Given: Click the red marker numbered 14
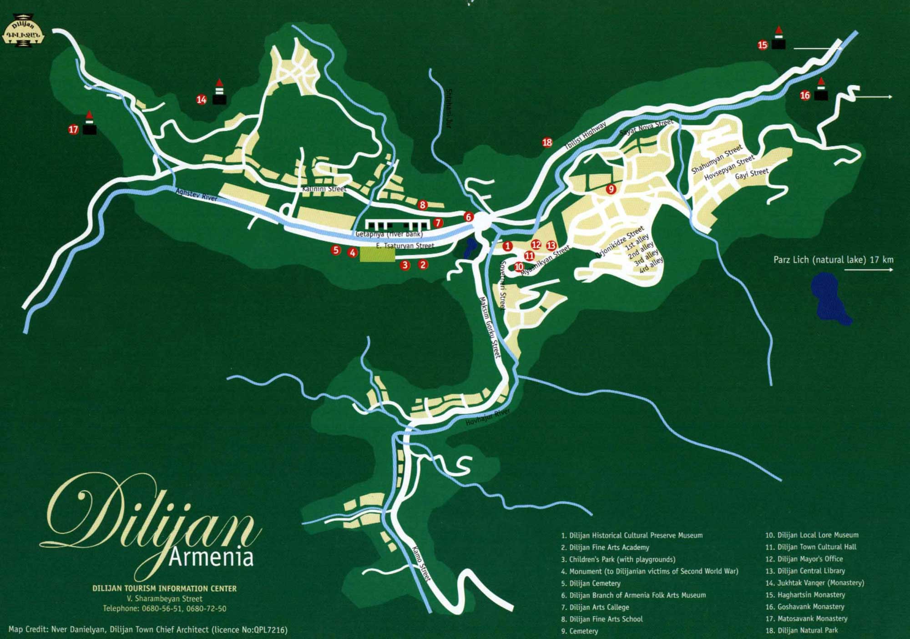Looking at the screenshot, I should (202, 100).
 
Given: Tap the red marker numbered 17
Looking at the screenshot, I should (73, 130).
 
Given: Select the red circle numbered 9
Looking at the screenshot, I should (611, 189).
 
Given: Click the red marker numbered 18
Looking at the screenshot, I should (547, 142).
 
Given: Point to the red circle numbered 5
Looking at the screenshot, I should (336, 250).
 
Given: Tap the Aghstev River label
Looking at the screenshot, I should (197, 196).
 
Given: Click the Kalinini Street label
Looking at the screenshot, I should (324, 189).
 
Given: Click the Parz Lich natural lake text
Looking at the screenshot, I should (833, 260).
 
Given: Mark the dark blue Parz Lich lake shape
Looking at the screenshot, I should (830, 298).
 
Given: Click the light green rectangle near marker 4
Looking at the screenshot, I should (377, 255).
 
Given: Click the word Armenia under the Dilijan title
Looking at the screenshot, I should (210, 557).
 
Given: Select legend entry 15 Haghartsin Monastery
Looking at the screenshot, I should (805, 595).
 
